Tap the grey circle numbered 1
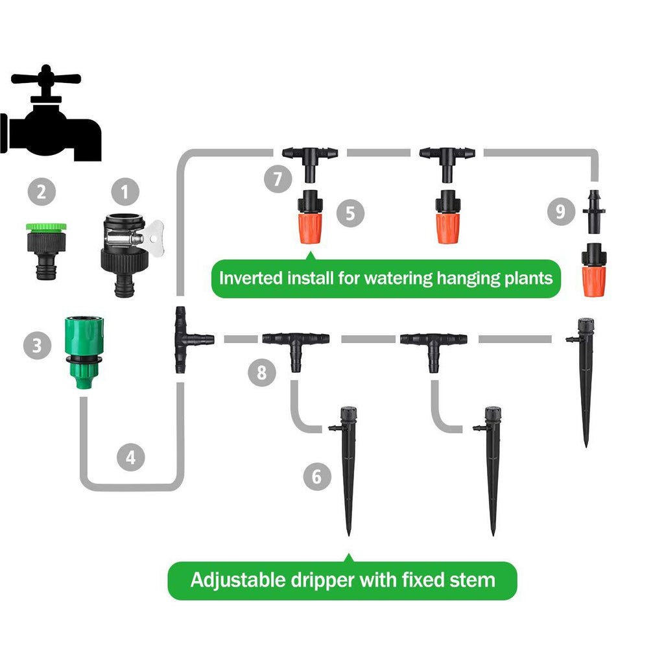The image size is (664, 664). coord(125,192)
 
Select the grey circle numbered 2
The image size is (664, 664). coord(42,192)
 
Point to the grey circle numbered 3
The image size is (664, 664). coord(38,345)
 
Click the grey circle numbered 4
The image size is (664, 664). coord(131,458)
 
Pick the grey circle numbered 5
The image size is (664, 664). coord(350,214)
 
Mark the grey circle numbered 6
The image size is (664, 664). coord(316,477)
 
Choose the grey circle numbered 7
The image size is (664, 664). coord(278,178)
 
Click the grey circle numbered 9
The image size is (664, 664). coord(561,211)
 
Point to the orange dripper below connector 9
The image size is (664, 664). coord(593,270)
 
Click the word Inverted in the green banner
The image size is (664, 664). coord(251,279)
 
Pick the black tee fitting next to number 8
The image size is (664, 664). coord(296,344)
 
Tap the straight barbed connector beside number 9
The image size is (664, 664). coord(592,211)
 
